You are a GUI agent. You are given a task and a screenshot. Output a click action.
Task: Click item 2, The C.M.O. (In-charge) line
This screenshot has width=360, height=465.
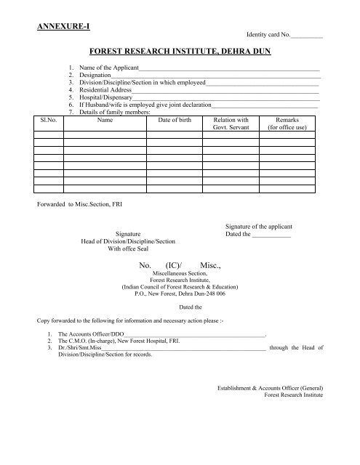124,341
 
